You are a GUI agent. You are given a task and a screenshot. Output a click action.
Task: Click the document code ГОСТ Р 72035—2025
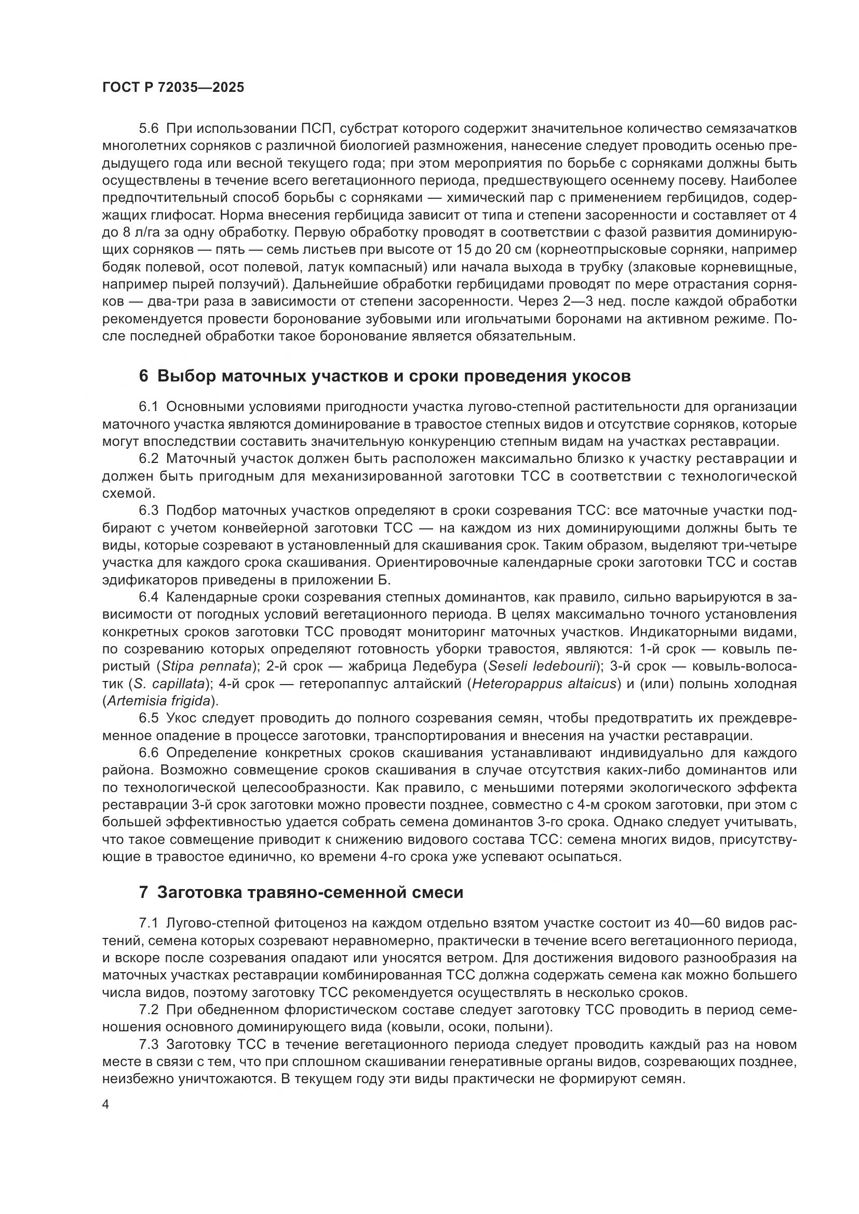tap(173, 88)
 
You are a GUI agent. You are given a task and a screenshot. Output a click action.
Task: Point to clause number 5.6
tap(149, 129)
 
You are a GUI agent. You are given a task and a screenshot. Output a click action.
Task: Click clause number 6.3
tap(149, 510)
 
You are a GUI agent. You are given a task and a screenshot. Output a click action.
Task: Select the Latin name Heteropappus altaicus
tap(544, 684)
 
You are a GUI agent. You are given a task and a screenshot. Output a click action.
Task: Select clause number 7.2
tap(149, 1010)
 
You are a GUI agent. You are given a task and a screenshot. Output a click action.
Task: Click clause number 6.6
tap(149, 753)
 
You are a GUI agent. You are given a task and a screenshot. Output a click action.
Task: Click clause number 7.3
tap(149, 1045)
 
